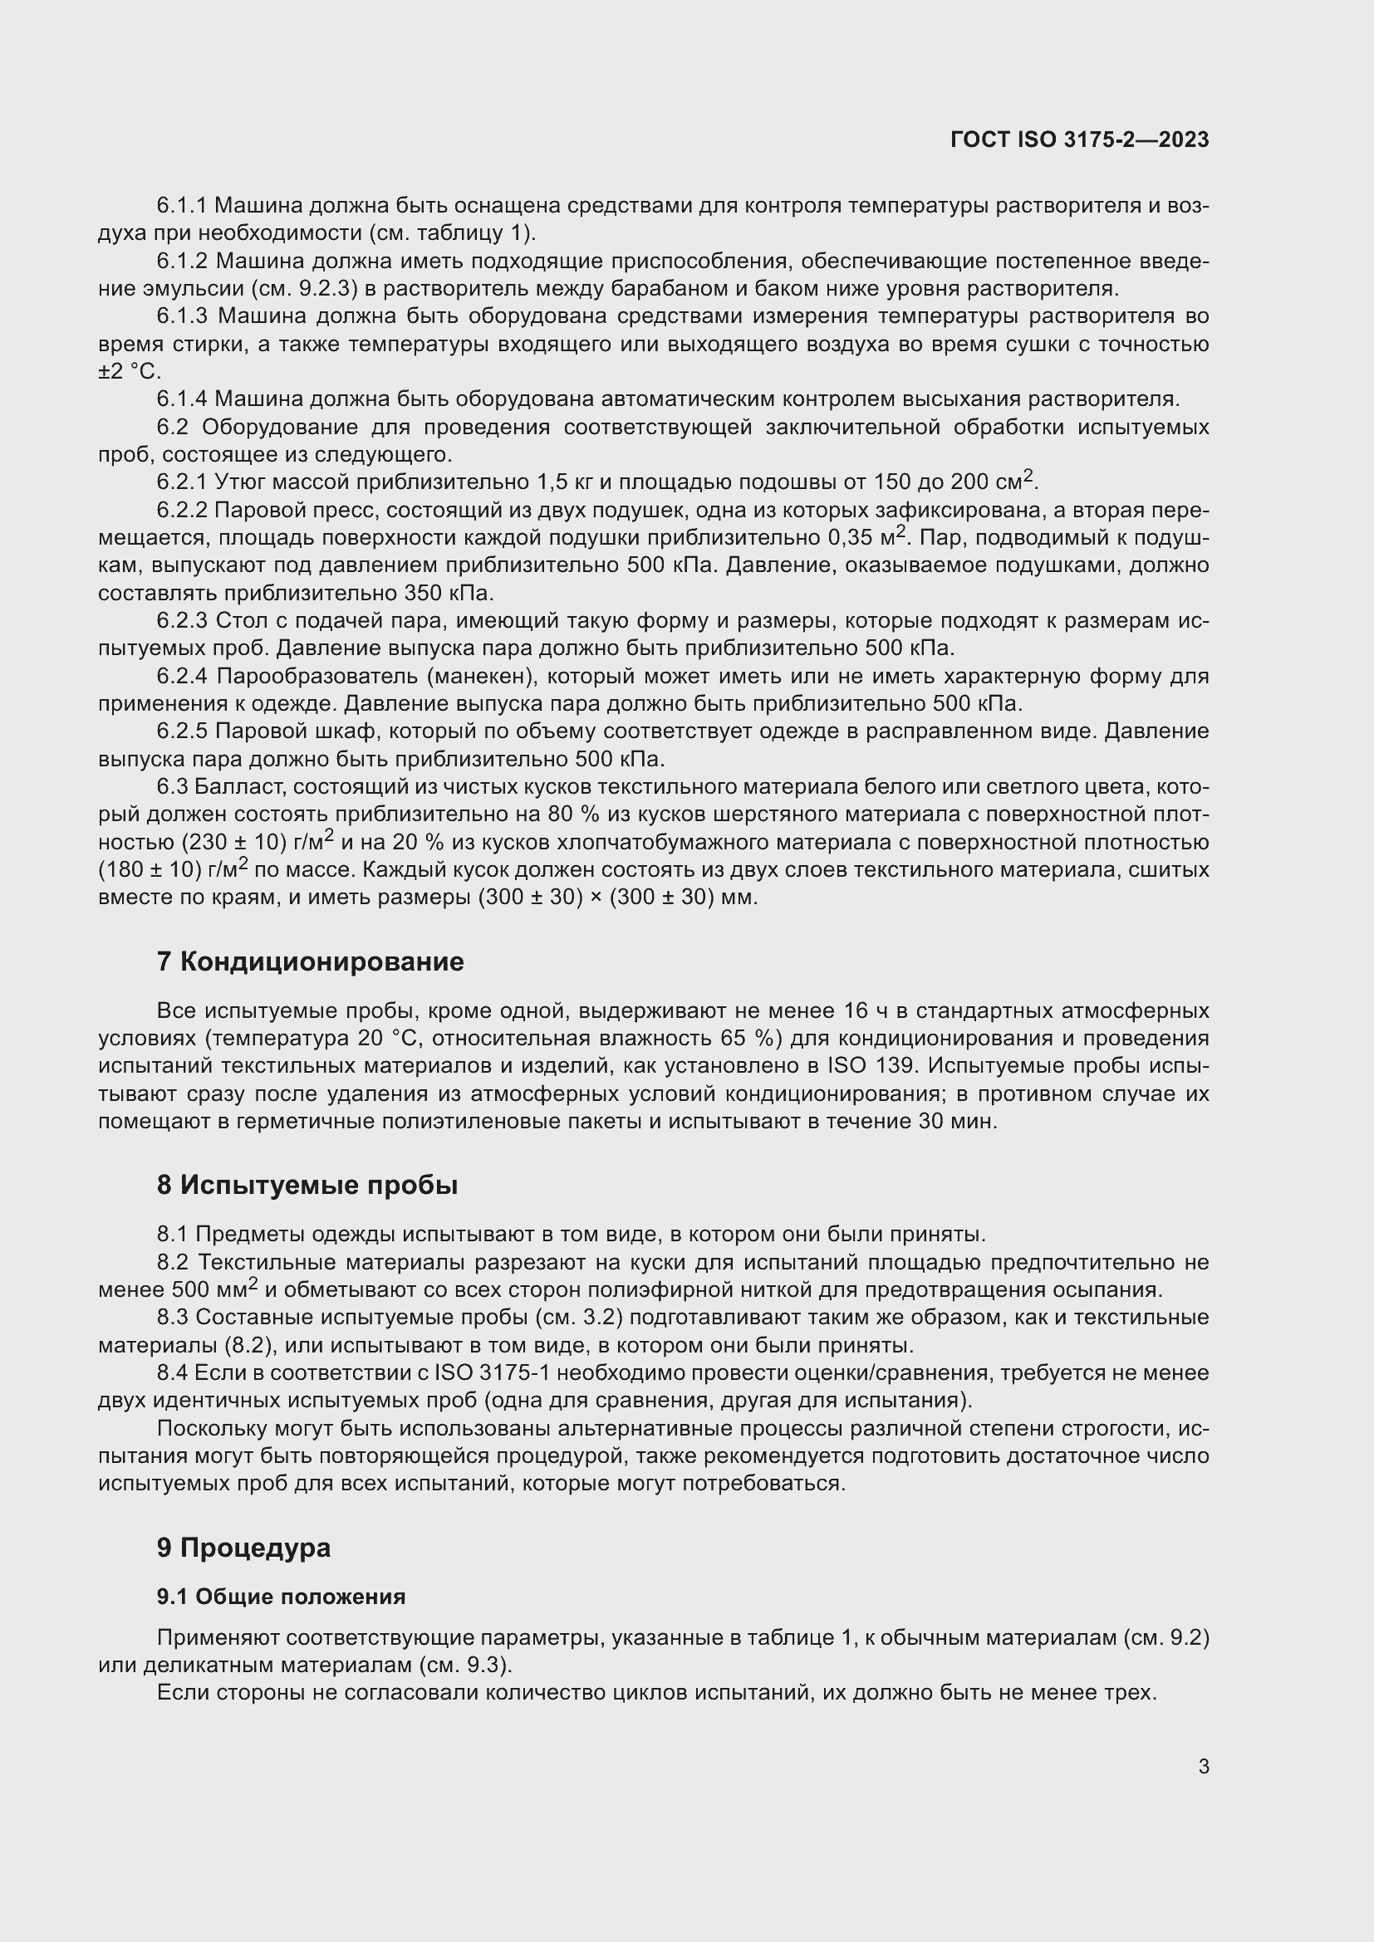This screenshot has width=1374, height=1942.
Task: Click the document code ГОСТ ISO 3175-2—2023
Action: (1080, 140)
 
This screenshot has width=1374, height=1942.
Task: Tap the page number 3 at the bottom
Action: (1203, 1766)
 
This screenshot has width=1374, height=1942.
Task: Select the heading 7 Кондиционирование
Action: (310, 961)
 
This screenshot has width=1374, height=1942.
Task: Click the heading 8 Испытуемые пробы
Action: (307, 1185)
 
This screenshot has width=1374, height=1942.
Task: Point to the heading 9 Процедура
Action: (243, 1548)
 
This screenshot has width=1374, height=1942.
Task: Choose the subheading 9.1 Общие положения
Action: (281, 1596)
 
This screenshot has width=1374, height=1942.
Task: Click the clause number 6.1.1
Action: (182, 206)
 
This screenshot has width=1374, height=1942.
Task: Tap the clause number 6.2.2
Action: (182, 510)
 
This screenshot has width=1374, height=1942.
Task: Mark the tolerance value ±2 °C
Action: (130, 372)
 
